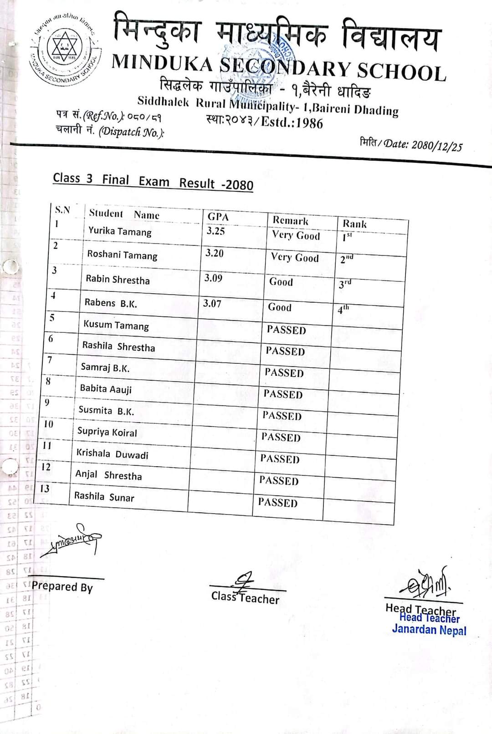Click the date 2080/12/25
436,145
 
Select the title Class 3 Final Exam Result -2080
153,181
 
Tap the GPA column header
218,217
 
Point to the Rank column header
354,224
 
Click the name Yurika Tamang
120,231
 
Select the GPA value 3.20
214,253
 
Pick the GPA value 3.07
212,303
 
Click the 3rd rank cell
345,284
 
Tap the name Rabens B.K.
111,303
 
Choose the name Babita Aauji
106,388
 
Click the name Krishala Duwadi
112,454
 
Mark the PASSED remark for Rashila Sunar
277,502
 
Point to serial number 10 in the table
48,424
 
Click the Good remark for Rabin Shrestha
281,282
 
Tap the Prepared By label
62,586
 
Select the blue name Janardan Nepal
429,630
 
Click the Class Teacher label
245,597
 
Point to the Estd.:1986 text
292,123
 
